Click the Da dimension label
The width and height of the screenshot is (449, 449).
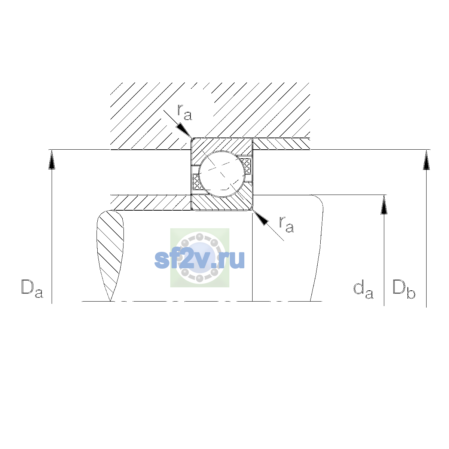click(x=32, y=288)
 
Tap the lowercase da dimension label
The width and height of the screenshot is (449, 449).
click(x=363, y=290)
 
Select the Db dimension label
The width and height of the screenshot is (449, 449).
click(x=404, y=289)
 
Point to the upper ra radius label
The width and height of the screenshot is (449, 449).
click(x=184, y=112)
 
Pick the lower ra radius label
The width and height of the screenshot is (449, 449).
click(x=287, y=224)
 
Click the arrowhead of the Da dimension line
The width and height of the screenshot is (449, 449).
click(x=52, y=159)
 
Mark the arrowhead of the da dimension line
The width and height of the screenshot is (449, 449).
click(x=384, y=205)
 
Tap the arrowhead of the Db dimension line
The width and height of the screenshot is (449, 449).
click(x=427, y=160)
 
